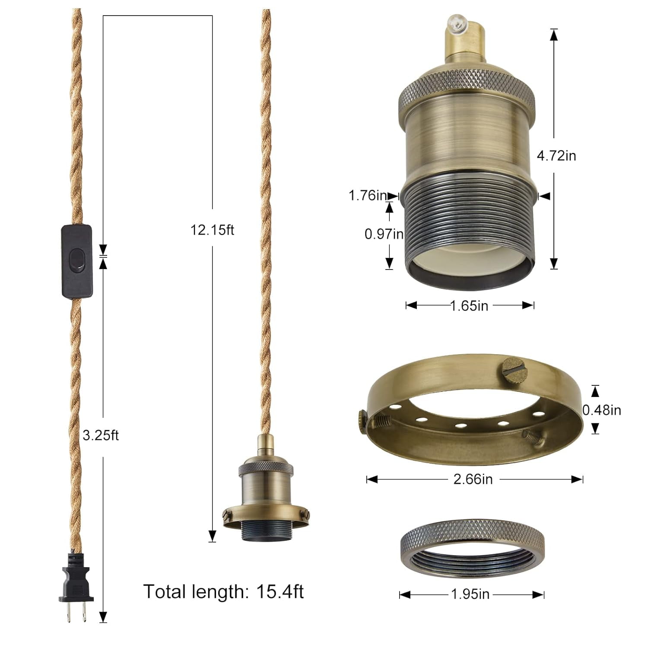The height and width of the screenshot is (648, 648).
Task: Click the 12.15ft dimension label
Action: click(x=212, y=230)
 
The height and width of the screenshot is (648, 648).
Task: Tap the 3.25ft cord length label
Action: click(x=101, y=435)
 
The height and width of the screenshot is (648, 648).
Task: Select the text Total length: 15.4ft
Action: click(x=223, y=591)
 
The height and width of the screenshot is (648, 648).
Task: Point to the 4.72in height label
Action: click(x=556, y=156)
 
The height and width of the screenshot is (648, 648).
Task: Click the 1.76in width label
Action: click(x=368, y=195)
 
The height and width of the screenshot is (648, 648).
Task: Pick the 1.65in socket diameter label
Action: click(x=469, y=306)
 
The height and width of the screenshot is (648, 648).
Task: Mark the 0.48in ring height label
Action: click(x=601, y=410)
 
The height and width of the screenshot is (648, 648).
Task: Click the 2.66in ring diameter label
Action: click(x=473, y=479)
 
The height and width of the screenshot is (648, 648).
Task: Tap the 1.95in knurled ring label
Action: click(x=470, y=594)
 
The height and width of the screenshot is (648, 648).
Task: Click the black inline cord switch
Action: click(x=77, y=260)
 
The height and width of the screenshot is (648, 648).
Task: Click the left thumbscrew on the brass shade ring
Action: click(x=362, y=419)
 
